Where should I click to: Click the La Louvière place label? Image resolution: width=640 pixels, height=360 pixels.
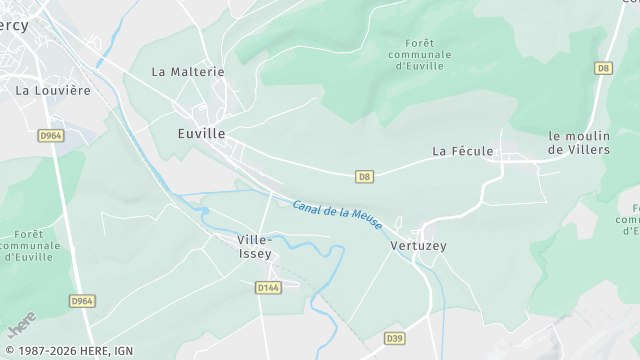[53, 90]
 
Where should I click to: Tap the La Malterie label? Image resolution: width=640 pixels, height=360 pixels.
[188, 72]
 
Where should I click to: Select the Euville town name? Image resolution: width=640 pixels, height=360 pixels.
[201, 133]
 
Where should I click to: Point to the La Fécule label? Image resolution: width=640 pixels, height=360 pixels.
[463, 151]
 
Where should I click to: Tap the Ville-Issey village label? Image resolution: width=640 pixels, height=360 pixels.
[254, 247]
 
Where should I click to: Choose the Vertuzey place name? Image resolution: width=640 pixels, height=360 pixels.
[419, 245]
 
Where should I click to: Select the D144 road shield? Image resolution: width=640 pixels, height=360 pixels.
[267, 287]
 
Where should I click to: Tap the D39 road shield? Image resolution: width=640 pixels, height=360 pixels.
[395, 339]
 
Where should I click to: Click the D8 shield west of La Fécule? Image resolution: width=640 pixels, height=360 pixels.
[365, 177]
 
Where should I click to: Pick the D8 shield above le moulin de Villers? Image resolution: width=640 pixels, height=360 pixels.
[602, 68]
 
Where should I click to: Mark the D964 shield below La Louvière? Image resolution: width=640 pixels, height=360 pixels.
[52, 135]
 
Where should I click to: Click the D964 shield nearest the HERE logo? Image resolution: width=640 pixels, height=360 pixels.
[82, 301]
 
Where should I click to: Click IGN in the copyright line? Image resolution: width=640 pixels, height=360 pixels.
[122, 351]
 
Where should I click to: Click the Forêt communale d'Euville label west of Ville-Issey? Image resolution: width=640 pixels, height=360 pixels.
[28, 246]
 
